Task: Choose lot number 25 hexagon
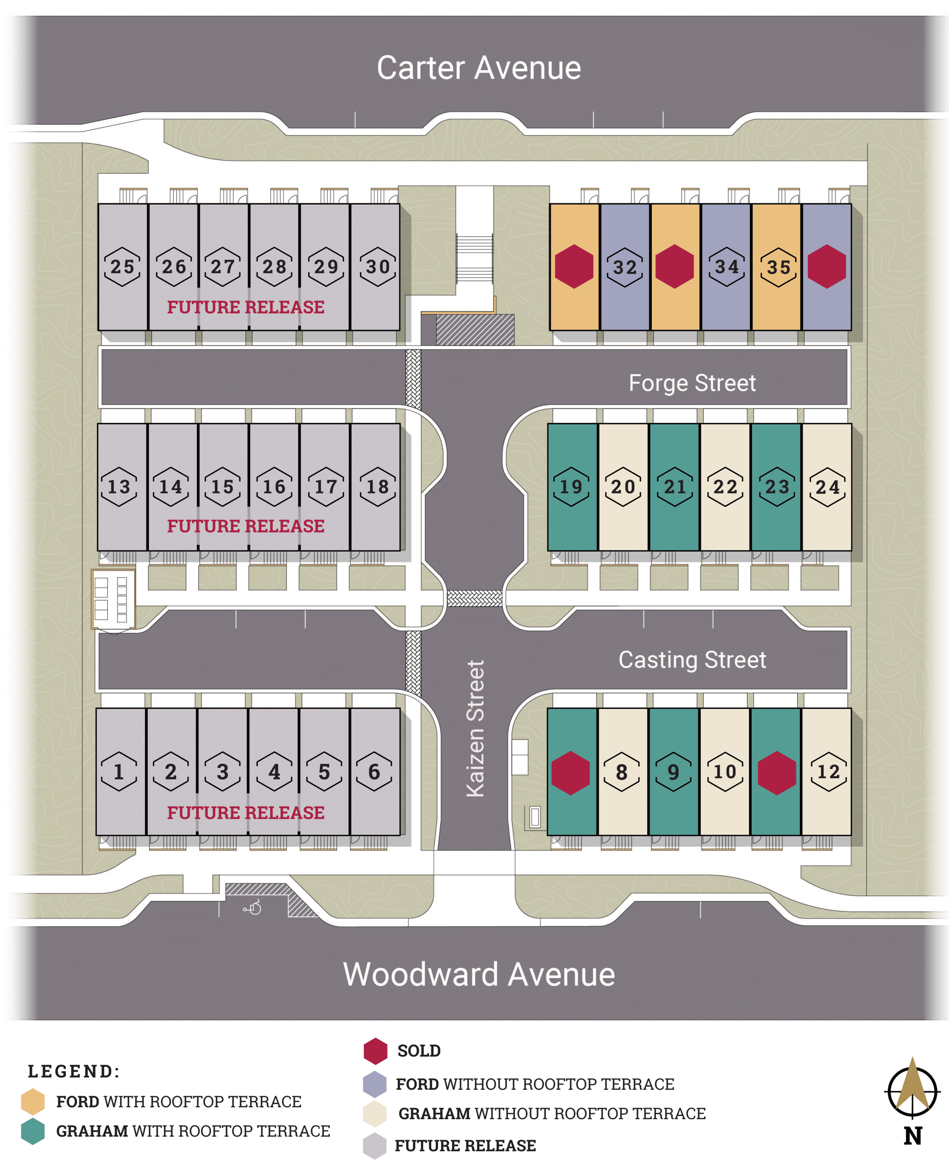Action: click(122, 267)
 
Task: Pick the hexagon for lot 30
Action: click(378, 267)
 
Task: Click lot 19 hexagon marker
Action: click(571, 486)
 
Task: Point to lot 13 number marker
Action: click(119, 486)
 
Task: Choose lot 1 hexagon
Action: click(119, 771)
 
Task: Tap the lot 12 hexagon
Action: click(828, 771)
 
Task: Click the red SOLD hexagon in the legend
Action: click(376, 1051)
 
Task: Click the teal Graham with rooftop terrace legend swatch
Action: click(33, 1131)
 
